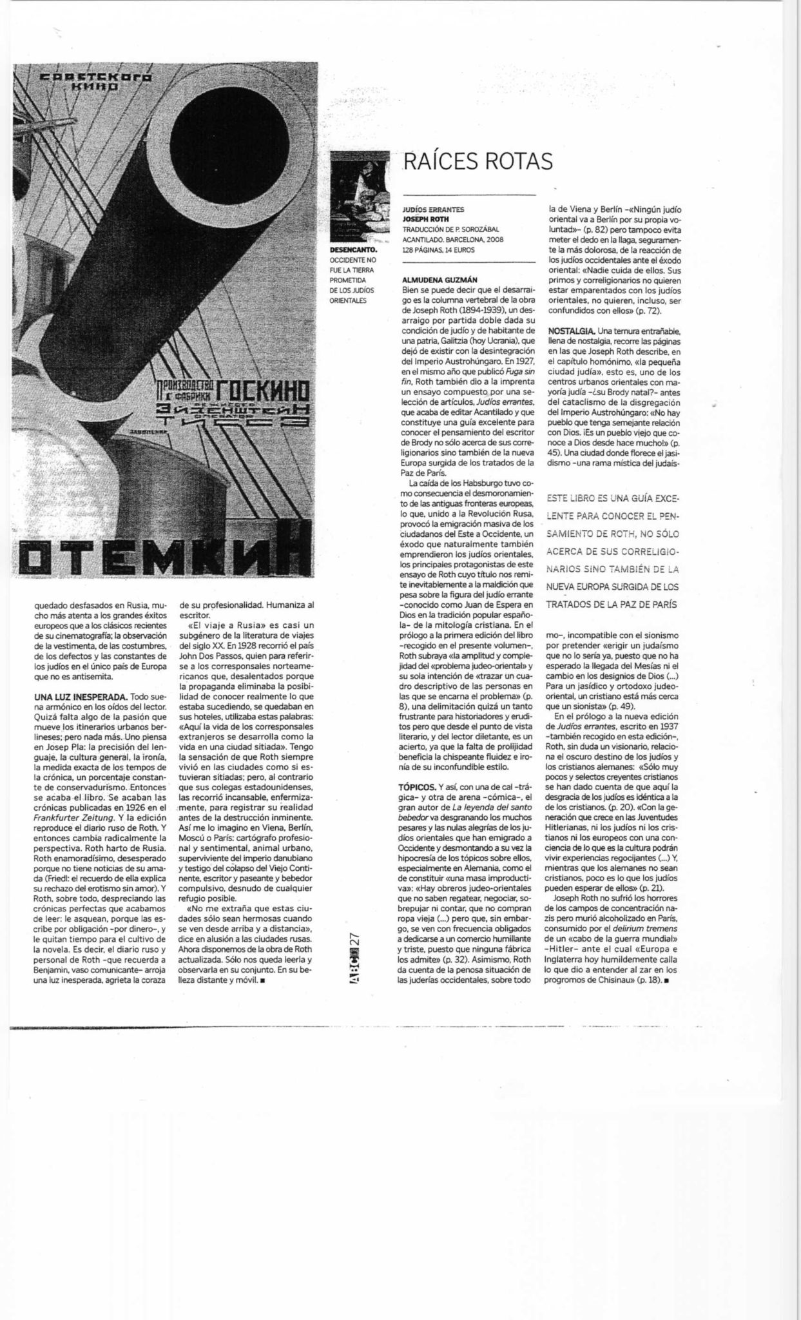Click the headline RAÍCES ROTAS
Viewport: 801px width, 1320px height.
(x=478, y=162)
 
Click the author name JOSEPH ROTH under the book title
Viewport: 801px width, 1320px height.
(x=425, y=218)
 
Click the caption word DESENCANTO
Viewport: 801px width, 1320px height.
(x=351, y=249)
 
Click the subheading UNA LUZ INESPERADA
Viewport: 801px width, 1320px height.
(x=81, y=697)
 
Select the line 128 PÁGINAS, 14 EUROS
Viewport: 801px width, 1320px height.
(x=439, y=249)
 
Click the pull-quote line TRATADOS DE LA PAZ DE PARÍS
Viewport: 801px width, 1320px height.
(x=612, y=605)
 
